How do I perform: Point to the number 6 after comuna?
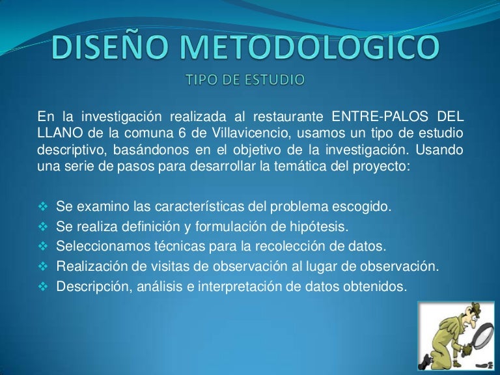[184, 133]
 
